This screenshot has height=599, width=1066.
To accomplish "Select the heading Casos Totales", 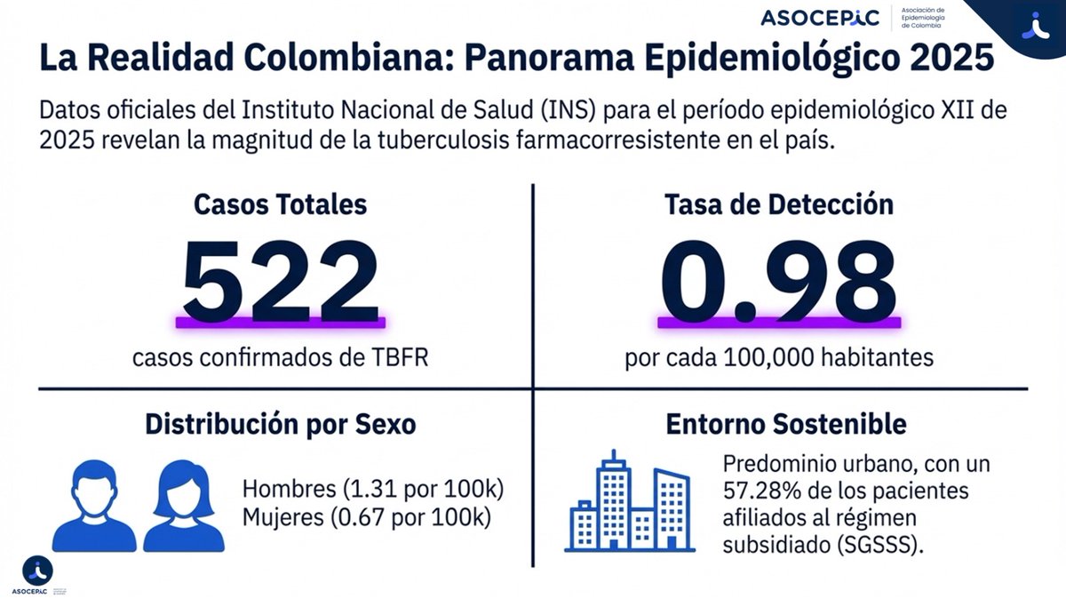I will [280, 204].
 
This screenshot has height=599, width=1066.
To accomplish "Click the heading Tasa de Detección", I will [779, 204].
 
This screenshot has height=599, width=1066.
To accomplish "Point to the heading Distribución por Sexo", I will [280, 425].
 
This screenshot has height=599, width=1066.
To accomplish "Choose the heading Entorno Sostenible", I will [786, 425].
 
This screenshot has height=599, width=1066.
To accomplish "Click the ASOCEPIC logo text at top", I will [819, 18].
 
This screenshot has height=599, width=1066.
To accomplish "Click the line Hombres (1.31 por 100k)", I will [373, 490].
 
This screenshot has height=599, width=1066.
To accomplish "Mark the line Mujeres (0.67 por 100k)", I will [367, 517].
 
